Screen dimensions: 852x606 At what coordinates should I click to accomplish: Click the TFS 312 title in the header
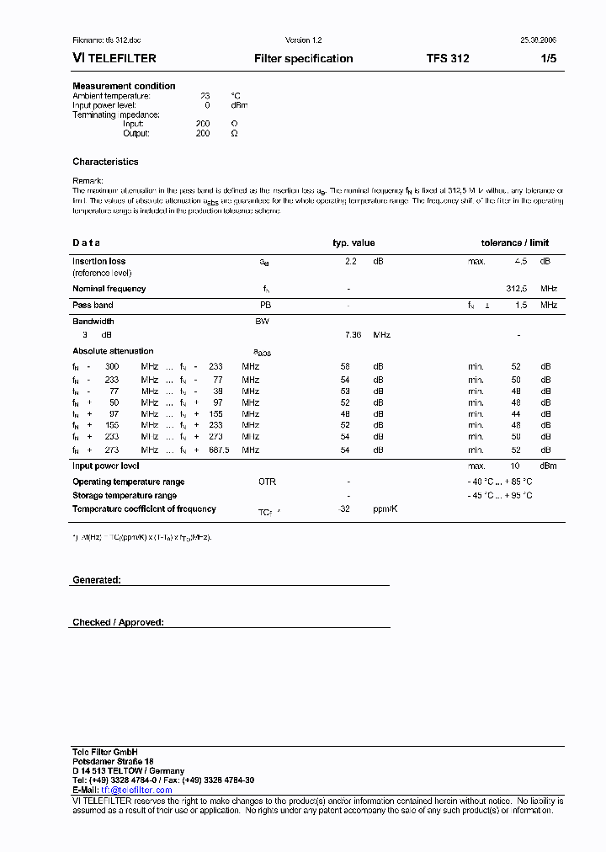(448, 59)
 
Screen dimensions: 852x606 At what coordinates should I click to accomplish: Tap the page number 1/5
(548, 59)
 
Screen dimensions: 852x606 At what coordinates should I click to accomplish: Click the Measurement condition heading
(124, 86)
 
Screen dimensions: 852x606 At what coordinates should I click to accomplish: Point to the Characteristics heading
(105, 162)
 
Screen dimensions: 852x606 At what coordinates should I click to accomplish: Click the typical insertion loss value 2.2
(351, 262)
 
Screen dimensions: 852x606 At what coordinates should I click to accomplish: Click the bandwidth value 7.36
(353, 335)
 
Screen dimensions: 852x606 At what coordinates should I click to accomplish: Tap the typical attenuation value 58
(345, 367)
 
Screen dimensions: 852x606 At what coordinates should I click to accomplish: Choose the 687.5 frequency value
(221, 450)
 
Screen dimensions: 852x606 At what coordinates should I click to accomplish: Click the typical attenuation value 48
(345, 414)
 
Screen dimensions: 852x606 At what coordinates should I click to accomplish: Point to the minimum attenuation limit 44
(516, 414)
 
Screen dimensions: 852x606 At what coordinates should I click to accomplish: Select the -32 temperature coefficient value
(343, 509)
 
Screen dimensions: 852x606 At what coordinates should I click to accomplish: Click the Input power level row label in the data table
(105, 466)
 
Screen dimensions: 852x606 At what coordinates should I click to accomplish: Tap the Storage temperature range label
(125, 496)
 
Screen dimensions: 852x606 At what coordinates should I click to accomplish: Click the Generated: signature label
(97, 581)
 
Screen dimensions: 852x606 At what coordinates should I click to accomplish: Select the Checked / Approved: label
(118, 623)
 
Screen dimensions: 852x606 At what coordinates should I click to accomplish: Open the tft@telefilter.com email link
(136, 791)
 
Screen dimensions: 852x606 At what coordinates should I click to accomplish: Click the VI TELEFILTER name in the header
(114, 59)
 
